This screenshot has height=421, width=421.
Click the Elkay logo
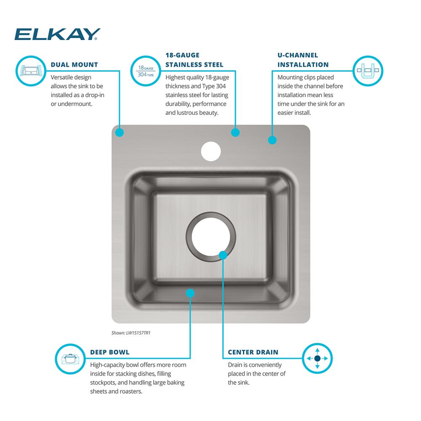(57, 34)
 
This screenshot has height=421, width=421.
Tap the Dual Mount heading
(75, 65)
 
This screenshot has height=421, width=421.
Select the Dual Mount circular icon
(31, 71)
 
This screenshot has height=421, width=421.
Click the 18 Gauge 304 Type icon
(146, 71)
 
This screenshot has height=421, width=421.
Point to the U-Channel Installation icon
(368, 71)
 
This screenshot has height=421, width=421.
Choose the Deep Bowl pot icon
(70, 359)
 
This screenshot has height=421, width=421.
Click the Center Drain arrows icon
(317, 358)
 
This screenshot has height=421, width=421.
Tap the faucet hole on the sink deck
(211, 152)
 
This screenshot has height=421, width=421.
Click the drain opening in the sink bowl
(211, 237)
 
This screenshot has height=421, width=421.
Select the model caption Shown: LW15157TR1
(131, 333)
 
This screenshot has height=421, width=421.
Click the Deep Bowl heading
(110, 352)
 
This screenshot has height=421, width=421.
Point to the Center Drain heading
(253, 352)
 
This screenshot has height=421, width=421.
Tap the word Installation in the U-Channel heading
(303, 65)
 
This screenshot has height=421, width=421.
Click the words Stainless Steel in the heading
(195, 65)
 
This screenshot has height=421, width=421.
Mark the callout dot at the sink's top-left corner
(120, 132)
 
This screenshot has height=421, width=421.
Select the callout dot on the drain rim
(223, 255)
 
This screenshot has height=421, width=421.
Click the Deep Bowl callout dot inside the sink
(190, 293)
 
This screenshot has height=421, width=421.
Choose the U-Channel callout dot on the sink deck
(272, 140)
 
